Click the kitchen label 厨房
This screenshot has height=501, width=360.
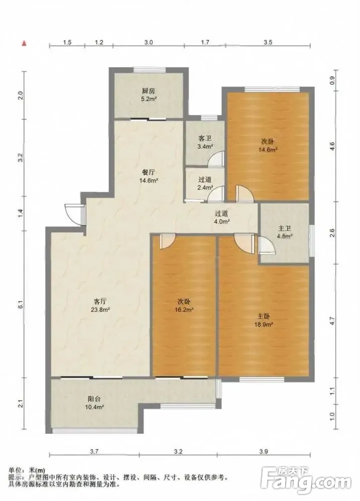(149, 91)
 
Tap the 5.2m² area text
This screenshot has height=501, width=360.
(149, 99)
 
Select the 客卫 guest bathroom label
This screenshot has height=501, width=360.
(205, 139)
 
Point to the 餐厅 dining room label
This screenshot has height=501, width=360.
(149, 172)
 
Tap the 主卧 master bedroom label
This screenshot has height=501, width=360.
(264, 316)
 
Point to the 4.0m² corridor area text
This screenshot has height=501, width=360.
(222, 222)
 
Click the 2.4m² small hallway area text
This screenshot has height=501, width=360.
(205, 188)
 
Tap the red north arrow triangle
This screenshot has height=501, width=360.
(24, 43)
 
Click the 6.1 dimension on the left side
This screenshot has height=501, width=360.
(21, 305)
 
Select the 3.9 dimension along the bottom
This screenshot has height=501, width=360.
(264, 451)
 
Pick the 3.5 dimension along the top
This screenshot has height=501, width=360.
(268, 42)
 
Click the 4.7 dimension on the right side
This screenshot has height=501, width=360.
(332, 320)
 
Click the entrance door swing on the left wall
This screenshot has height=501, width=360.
(73, 212)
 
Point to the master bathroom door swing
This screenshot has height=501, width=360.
(266, 245)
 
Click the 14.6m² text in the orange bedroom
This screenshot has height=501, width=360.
(267, 149)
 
